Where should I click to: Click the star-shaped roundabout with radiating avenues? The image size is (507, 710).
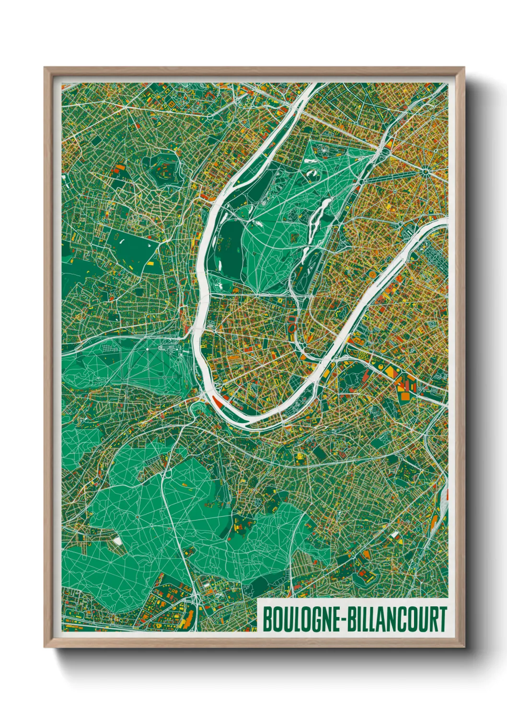point(425,171)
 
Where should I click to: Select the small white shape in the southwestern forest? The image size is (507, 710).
point(117,541)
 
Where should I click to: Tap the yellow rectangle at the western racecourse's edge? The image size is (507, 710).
point(150,263)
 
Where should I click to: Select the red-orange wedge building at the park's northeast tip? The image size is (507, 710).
point(389,143)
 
